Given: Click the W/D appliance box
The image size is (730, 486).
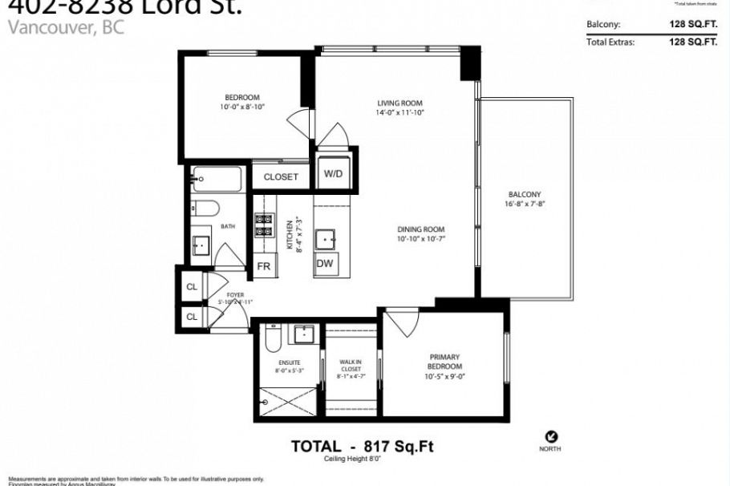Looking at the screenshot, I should point(331,174).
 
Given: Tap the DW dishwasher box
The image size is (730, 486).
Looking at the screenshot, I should point(325,264).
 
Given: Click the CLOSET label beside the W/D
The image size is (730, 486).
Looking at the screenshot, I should point(281,176).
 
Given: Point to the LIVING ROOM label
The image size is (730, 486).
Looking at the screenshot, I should point(399,103).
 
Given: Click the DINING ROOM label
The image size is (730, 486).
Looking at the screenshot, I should point(420,229).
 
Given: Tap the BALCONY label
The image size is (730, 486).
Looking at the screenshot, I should point(525,194).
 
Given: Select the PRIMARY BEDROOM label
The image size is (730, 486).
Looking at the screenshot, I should point(444,362).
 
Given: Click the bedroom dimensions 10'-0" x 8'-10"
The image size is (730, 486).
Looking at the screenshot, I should point(241,107).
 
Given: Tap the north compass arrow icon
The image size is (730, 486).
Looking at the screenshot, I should point(551,436).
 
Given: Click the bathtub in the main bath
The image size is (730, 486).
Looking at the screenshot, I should point(217,178).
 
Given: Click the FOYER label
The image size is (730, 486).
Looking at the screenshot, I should point(235,295).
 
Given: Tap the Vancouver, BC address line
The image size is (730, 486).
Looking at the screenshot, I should point(67,27).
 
